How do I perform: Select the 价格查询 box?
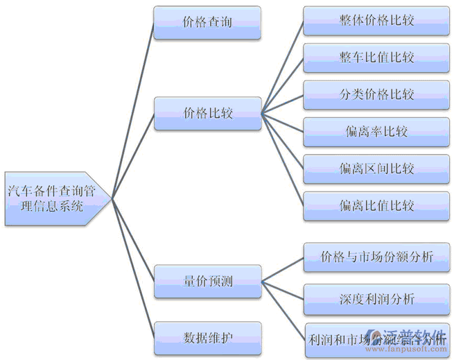(x=207, y=22)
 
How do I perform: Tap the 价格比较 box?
(x=207, y=113)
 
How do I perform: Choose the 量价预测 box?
(x=207, y=282)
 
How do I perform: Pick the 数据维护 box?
(x=207, y=338)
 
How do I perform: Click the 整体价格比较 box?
(x=376, y=21)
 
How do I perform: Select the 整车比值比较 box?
(x=376, y=57)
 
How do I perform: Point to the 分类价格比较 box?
(x=376, y=94)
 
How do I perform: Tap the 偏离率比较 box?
(x=376, y=131)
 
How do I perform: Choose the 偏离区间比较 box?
(x=376, y=169)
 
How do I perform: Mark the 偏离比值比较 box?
(x=376, y=205)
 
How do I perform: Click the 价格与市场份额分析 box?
(x=376, y=257)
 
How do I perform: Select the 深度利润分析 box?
(x=376, y=300)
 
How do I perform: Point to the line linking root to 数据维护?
(x=132, y=266)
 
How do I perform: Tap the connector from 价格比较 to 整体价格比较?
(x=283, y=67)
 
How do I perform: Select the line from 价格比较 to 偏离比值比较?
(x=283, y=159)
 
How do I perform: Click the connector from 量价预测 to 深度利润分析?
(x=283, y=291)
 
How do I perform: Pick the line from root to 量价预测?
(x=132, y=239)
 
